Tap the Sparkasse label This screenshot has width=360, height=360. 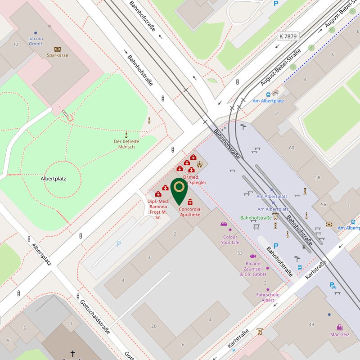point(58,55)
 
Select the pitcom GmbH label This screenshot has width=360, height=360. point(36,41)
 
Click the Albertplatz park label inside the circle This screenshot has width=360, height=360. point(54,179)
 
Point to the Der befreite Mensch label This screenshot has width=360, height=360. point(126,144)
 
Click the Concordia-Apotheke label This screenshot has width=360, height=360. point(190,212)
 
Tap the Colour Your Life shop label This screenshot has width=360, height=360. point(230,239)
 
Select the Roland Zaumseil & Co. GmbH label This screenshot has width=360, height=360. point(253,269)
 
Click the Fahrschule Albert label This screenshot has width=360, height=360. point(268,297)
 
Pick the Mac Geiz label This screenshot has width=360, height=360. point(340,334)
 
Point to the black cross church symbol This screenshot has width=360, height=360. point(73,353)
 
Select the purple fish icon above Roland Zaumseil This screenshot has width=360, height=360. point(253,256)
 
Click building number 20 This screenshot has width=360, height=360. point(154,326)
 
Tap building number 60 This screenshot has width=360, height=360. point(292,148)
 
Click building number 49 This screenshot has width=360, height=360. point(311,324)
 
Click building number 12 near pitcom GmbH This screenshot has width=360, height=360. point(16,44)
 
